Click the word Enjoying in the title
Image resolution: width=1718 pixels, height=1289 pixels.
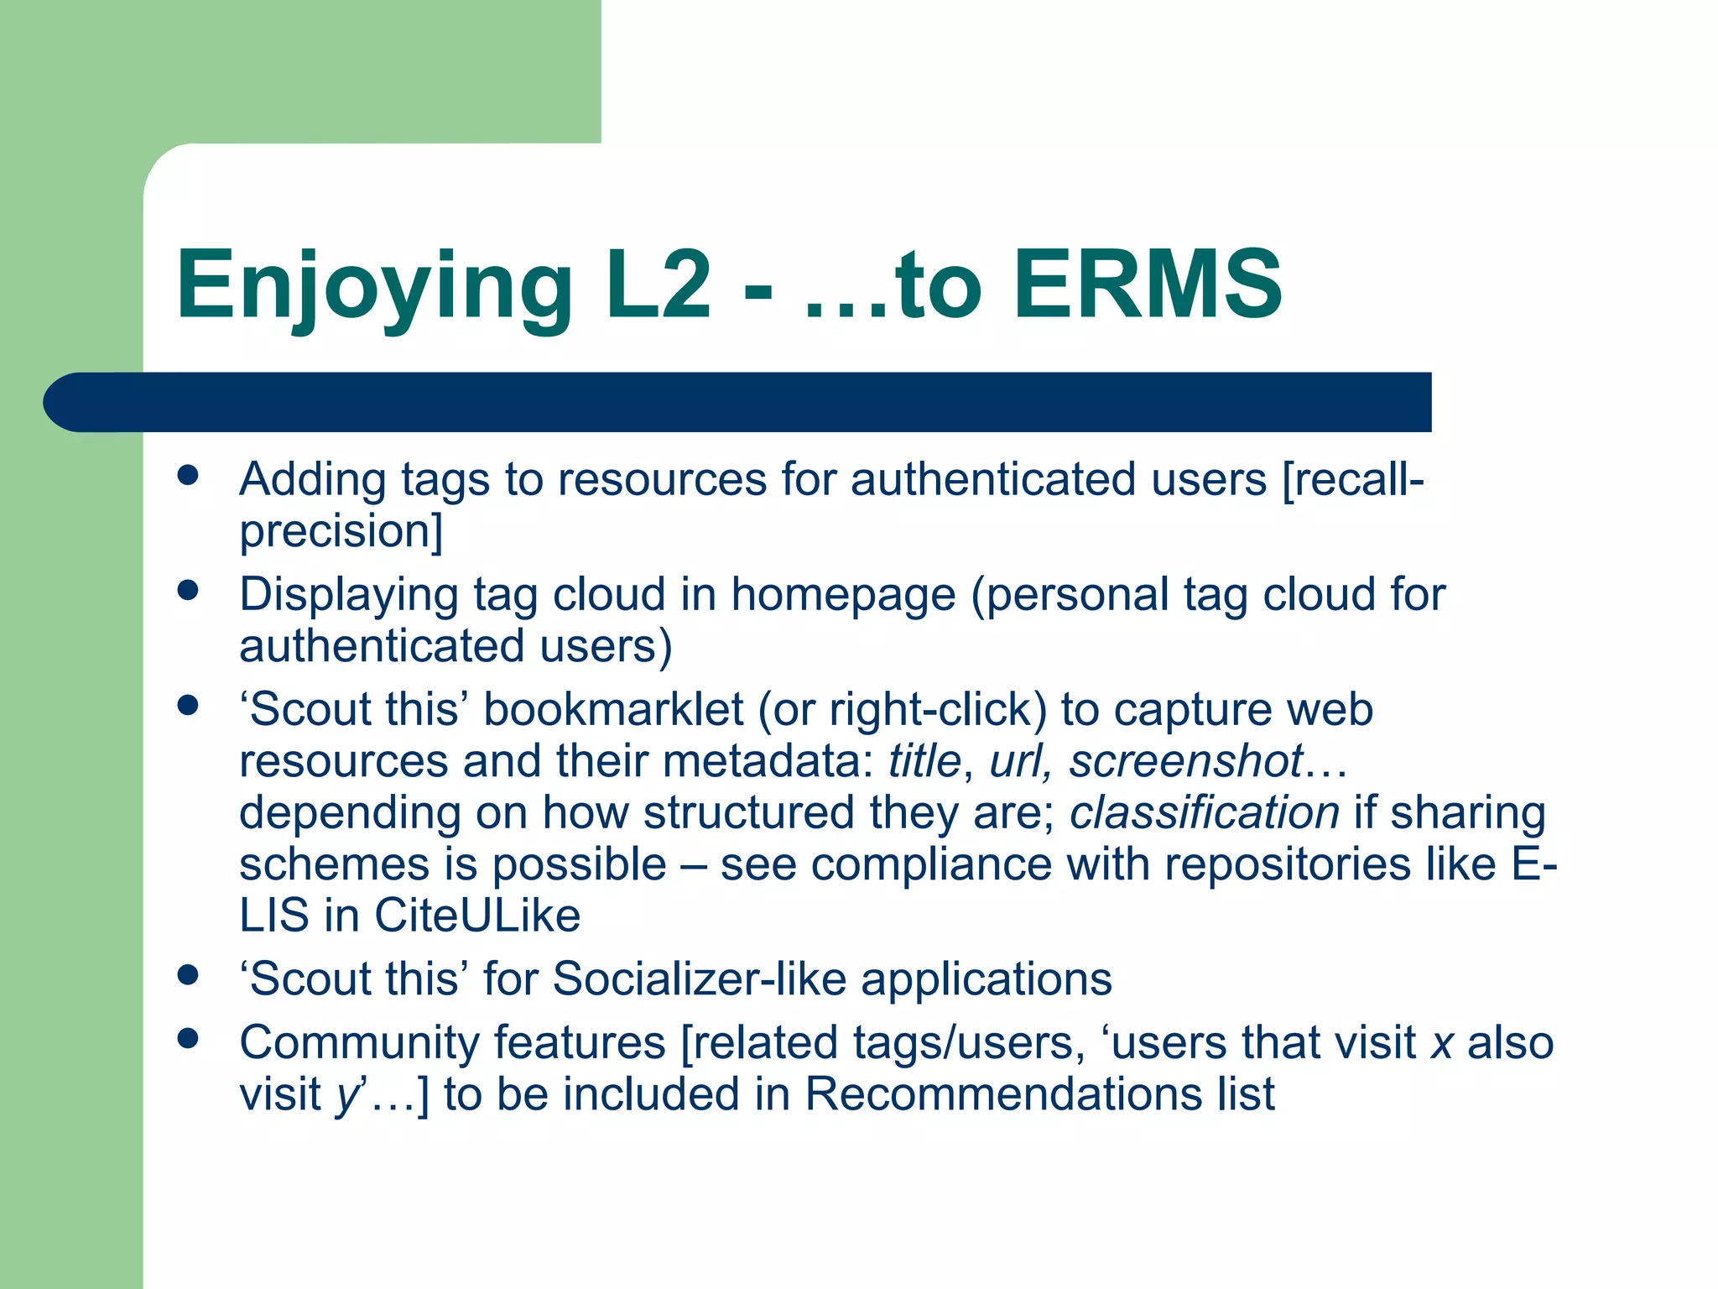[x=373, y=285]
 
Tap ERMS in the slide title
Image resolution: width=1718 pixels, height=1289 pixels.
[x=1148, y=285]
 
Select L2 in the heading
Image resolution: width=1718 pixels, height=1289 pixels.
[x=658, y=285]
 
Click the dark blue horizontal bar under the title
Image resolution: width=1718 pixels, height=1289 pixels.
[x=738, y=402]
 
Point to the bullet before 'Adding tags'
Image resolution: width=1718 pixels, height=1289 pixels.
[x=188, y=476]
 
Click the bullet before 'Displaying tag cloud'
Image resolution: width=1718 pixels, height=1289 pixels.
[x=188, y=591]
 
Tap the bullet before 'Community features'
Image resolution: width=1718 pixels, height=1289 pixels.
[x=188, y=1039]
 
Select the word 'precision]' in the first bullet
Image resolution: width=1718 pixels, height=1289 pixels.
[x=341, y=532]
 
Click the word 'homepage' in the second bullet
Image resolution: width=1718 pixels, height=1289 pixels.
[x=842, y=595]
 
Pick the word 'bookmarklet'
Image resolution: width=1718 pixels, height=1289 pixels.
[x=613, y=710]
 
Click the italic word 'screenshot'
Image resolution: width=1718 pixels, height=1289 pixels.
[x=1185, y=761]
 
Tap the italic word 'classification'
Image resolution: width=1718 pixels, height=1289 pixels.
[x=1204, y=812]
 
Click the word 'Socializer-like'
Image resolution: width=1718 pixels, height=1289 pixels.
[x=699, y=979]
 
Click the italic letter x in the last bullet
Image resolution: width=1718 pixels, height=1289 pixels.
[x=1442, y=1044]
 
